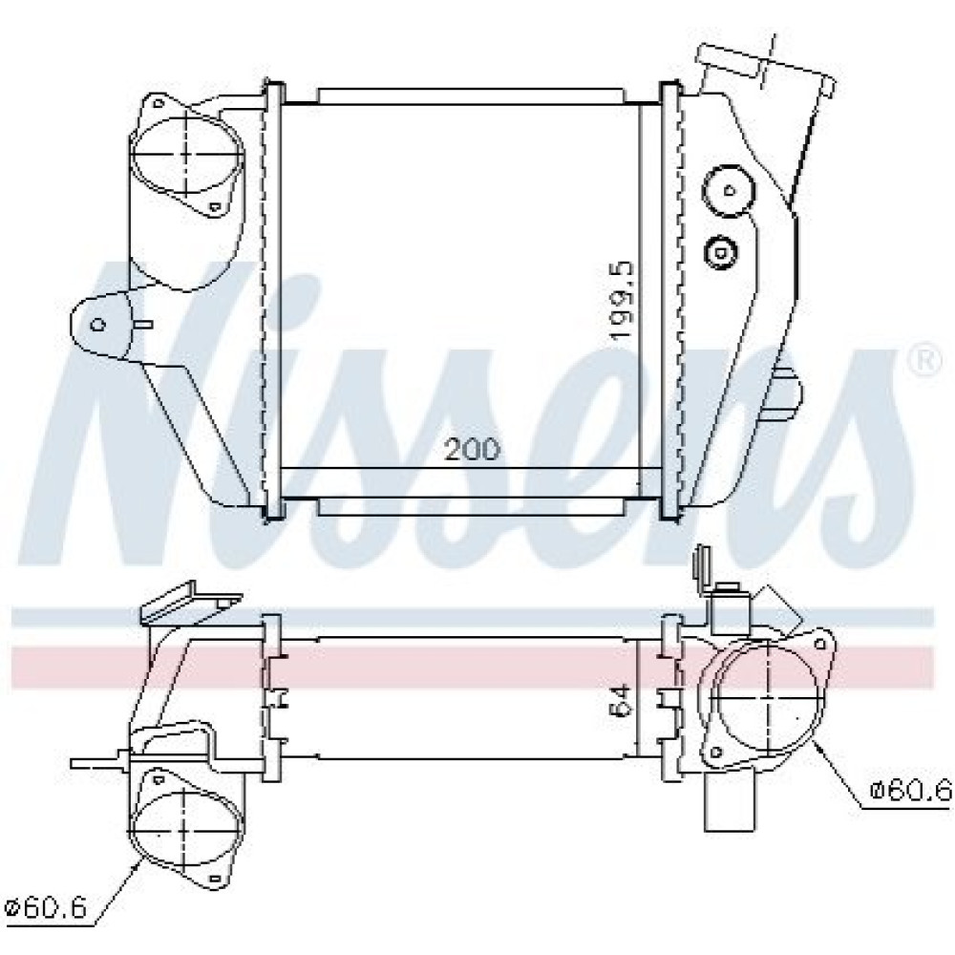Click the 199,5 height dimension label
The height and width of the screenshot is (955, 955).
coord(623,302)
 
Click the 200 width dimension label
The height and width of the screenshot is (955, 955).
coord(472,450)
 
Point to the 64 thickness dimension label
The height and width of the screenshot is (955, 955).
coord(623,700)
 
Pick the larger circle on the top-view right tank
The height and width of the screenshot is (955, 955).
coord(729,191)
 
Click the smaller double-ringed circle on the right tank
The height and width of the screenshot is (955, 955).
coord(720,251)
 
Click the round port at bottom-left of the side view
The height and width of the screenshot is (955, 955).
coord(187,832)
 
